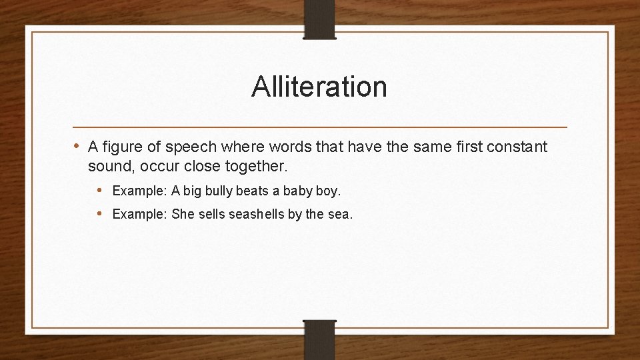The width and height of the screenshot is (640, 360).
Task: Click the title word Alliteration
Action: point(319,87)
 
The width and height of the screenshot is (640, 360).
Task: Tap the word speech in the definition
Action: point(190,147)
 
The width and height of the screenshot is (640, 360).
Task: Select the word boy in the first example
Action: point(327,191)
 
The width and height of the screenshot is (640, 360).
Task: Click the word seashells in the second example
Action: point(257,214)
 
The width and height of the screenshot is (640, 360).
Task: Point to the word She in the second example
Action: point(182,214)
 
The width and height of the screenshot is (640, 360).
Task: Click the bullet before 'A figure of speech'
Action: point(77,146)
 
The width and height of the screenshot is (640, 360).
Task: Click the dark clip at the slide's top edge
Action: point(319,18)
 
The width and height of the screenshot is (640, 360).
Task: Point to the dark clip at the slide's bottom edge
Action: point(319,340)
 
